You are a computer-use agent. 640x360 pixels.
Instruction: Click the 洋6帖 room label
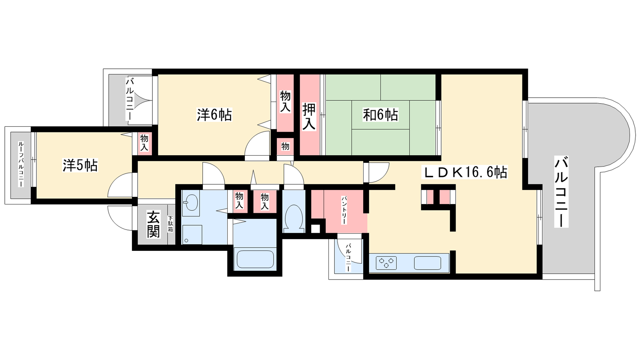pyautogui.click(x=214, y=115)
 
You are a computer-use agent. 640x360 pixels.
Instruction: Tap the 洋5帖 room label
pyautogui.click(x=80, y=166)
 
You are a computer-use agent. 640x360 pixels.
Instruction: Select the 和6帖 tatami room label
pyautogui.click(x=380, y=115)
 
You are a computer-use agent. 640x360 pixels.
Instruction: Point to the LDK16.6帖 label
pyautogui.click(x=465, y=172)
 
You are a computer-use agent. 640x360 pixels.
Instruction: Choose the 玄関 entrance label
pyautogui.click(x=154, y=224)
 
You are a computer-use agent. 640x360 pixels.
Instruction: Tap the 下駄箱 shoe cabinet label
pyautogui.click(x=170, y=224)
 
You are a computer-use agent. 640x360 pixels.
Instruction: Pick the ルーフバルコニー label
pyautogui.click(x=21, y=164)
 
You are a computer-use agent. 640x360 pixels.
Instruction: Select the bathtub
pyautogui.click(x=255, y=260)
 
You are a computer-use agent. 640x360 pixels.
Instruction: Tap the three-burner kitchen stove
pyautogui.click(x=386, y=263)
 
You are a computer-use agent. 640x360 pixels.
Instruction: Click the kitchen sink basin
pyautogui.click(x=428, y=263)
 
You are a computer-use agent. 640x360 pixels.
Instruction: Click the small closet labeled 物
pyautogui.click(x=285, y=146)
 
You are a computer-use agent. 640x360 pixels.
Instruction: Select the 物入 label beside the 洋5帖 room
pyautogui.click(x=144, y=143)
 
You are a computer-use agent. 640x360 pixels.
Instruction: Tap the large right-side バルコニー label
pyautogui.click(x=561, y=192)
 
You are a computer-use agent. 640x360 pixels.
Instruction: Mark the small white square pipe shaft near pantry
pyautogui.click(x=316, y=229)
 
